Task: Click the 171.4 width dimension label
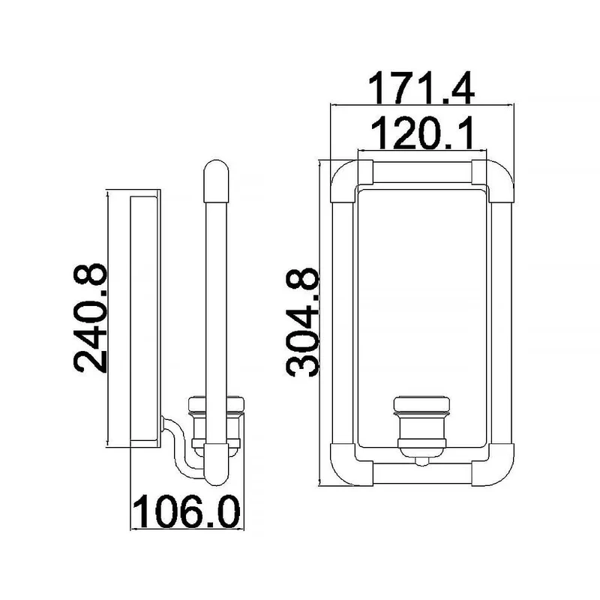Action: [421, 88]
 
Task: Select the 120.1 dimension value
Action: [422, 133]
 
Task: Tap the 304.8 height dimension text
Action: [303, 322]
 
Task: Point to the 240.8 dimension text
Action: [90, 317]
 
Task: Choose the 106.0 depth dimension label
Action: [186, 511]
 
